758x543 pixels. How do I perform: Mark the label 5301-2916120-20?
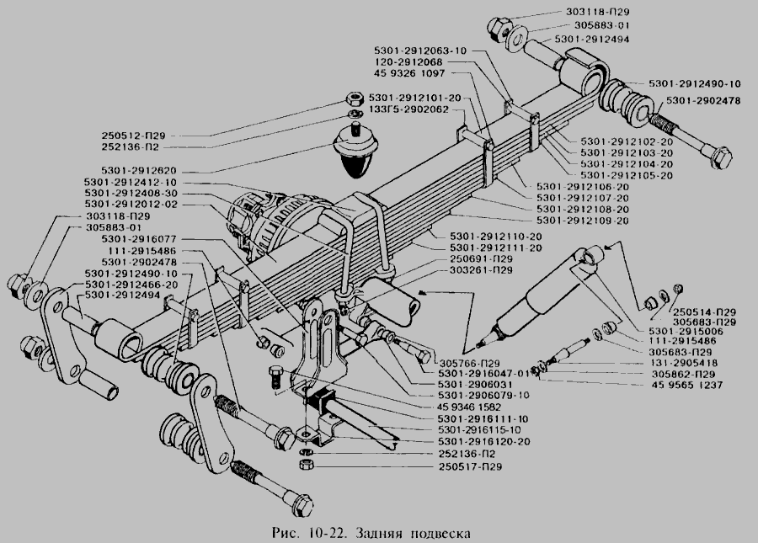484,441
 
